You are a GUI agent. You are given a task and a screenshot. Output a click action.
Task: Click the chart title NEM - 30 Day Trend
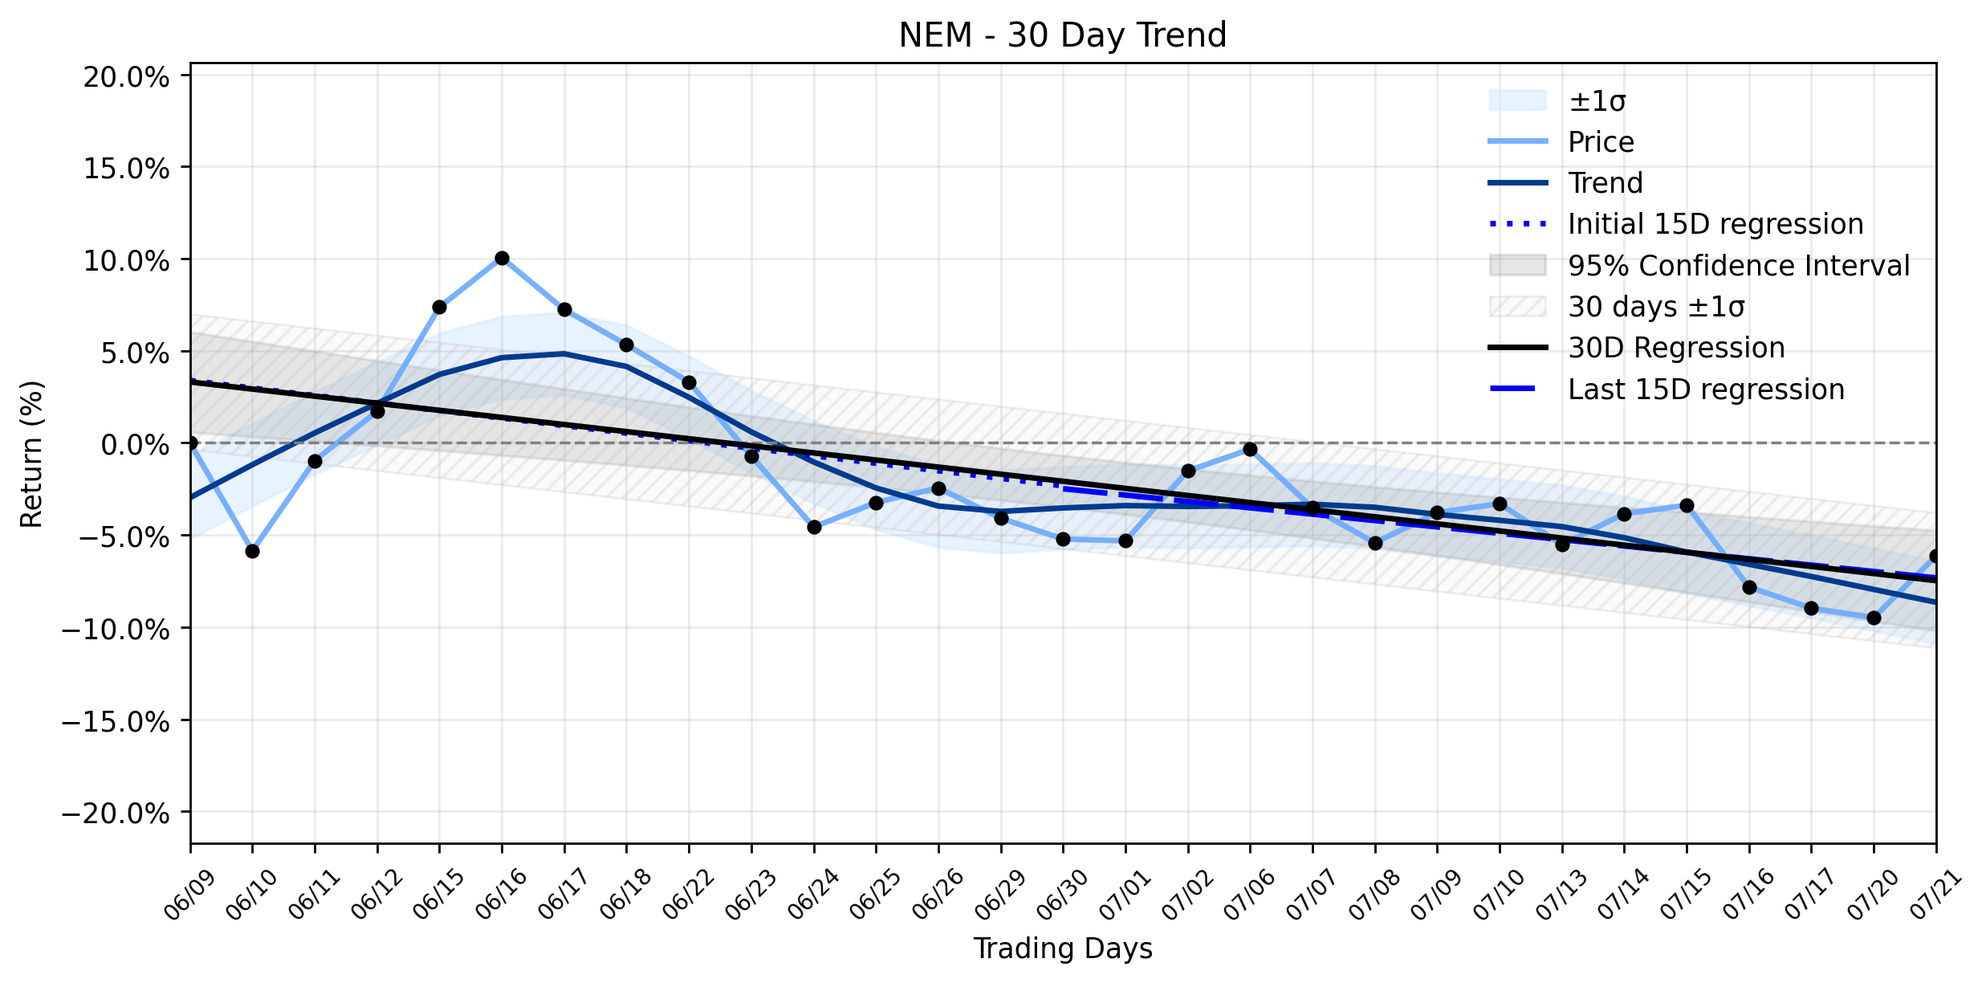(x=1063, y=35)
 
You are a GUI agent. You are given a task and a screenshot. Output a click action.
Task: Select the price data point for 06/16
(x=502, y=258)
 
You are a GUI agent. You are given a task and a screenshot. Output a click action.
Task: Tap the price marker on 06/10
(x=252, y=551)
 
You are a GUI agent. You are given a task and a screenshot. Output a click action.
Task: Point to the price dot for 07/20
(x=1874, y=618)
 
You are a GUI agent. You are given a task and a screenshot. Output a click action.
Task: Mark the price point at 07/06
(x=1250, y=449)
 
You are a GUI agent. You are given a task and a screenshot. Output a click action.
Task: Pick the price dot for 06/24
(x=814, y=527)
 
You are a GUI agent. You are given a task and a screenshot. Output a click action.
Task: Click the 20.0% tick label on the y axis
(x=127, y=77)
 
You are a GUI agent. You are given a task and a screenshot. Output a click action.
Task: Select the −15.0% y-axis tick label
(x=116, y=721)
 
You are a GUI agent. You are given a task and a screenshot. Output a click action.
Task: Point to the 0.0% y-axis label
(x=136, y=444)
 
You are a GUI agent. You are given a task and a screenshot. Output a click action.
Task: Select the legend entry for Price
(x=1601, y=142)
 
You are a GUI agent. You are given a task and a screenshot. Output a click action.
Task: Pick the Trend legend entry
(x=1605, y=183)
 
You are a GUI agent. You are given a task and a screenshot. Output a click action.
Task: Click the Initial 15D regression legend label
(x=1715, y=224)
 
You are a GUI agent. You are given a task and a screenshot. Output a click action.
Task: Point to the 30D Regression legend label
(x=1676, y=348)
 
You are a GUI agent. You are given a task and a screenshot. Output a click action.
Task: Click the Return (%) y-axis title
(x=32, y=454)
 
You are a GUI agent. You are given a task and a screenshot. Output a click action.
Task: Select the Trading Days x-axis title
(x=1063, y=949)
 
